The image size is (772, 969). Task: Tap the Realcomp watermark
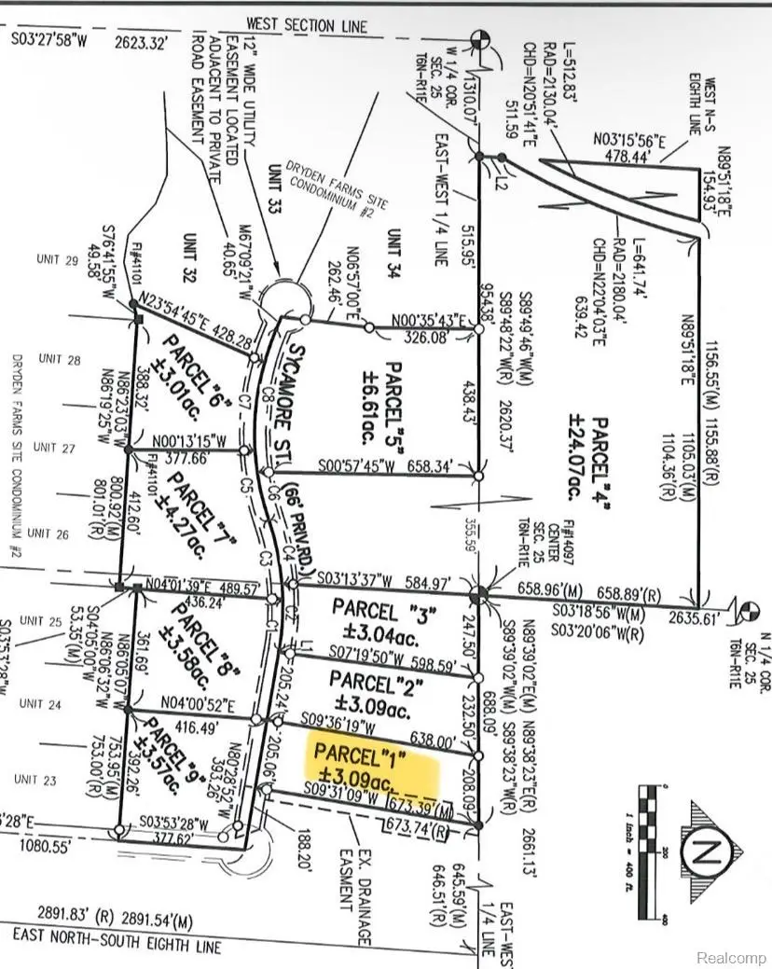732,957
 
